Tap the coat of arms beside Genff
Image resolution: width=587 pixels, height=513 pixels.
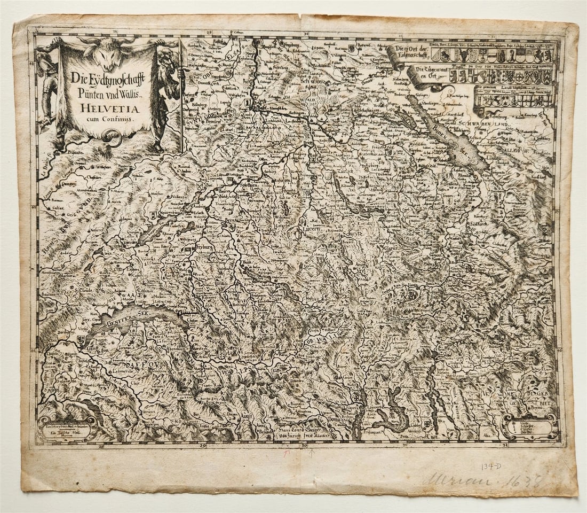point(82,339)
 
